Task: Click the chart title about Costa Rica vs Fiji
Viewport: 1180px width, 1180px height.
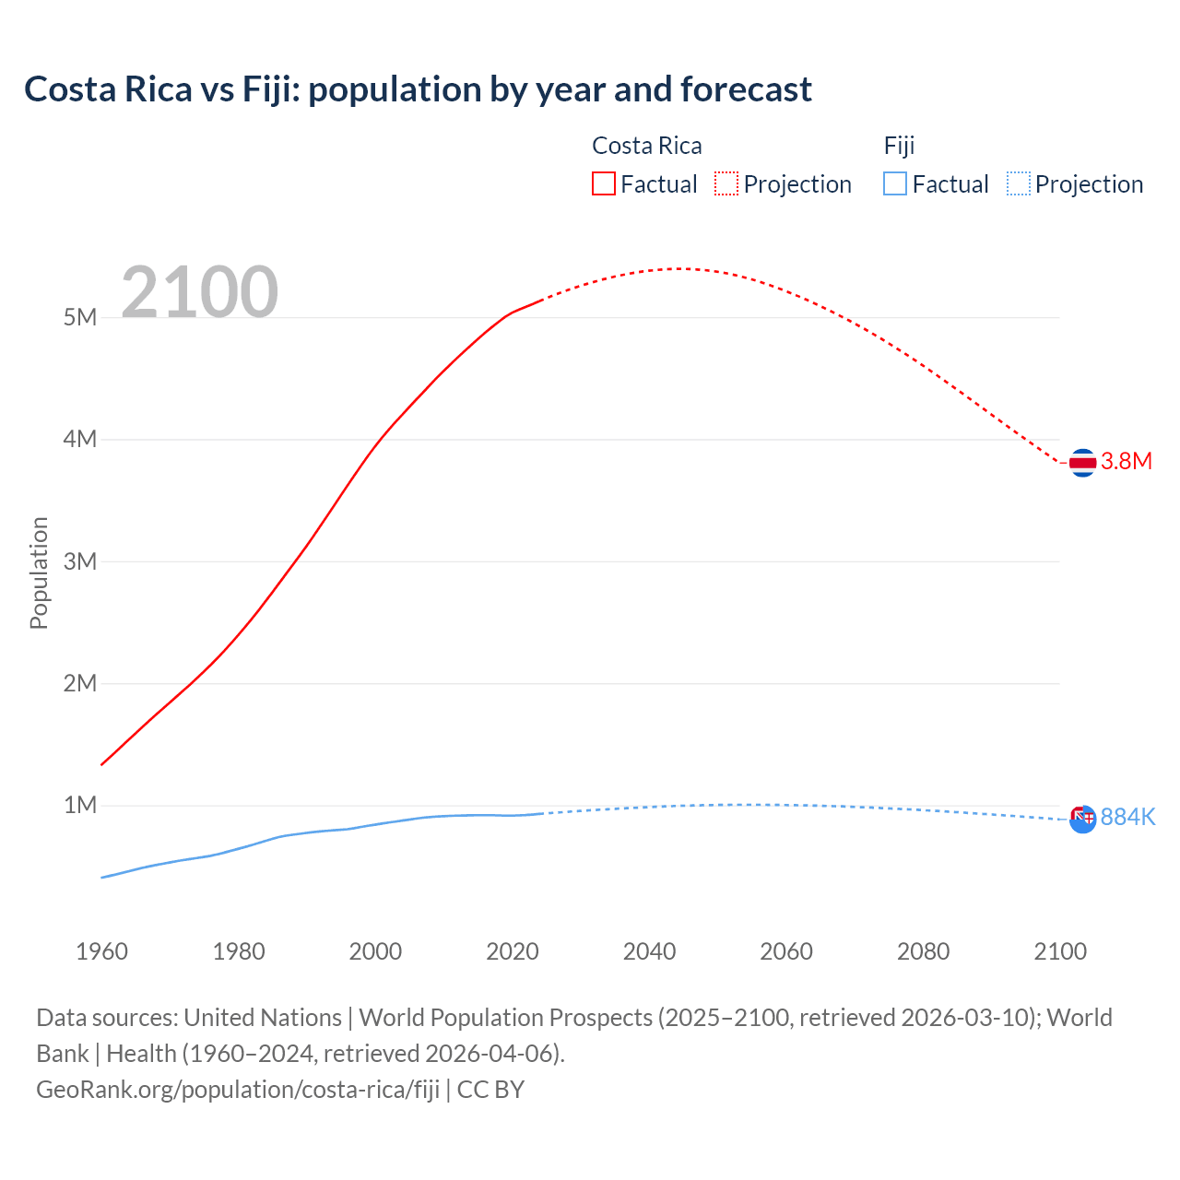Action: pyautogui.click(x=418, y=89)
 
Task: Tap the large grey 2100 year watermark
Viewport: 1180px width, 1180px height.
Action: pyautogui.click(x=199, y=292)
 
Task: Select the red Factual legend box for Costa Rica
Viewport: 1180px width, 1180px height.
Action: pyautogui.click(x=603, y=183)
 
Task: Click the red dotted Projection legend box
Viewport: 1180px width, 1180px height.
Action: pyautogui.click(x=726, y=183)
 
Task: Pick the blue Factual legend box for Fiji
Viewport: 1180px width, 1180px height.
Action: pyautogui.click(x=894, y=183)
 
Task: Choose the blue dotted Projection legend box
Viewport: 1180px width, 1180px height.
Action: pyautogui.click(x=1018, y=183)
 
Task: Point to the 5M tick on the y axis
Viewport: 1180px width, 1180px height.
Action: pyautogui.click(x=80, y=317)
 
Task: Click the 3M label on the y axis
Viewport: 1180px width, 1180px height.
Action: pyautogui.click(x=80, y=561)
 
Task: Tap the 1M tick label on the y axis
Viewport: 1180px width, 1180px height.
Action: pyautogui.click(x=80, y=805)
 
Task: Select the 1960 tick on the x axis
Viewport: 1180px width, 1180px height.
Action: pyautogui.click(x=101, y=951)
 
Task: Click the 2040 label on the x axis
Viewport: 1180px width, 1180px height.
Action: pyautogui.click(x=649, y=951)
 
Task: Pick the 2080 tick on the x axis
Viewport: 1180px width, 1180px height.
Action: pyautogui.click(x=923, y=951)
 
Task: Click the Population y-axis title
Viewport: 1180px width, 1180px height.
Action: pyautogui.click(x=39, y=572)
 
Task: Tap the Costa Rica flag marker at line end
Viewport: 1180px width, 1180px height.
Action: pyautogui.click(x=1082, y=462)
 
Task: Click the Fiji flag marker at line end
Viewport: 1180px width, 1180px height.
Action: pyautogui.click(x=1082, y=818)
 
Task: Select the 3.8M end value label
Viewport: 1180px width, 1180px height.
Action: pyautogui.click(x=1127, y=462)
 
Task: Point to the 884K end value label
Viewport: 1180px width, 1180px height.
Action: pyautogui.click(x=1127, y=818)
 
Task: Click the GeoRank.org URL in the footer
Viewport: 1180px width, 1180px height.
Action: pyautogui.click(x=238, y=1090)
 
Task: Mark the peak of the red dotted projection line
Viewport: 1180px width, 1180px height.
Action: pyautogui.click(x=678, y=268)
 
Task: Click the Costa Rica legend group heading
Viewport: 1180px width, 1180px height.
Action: pyautogui.click(x=646, y=146)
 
